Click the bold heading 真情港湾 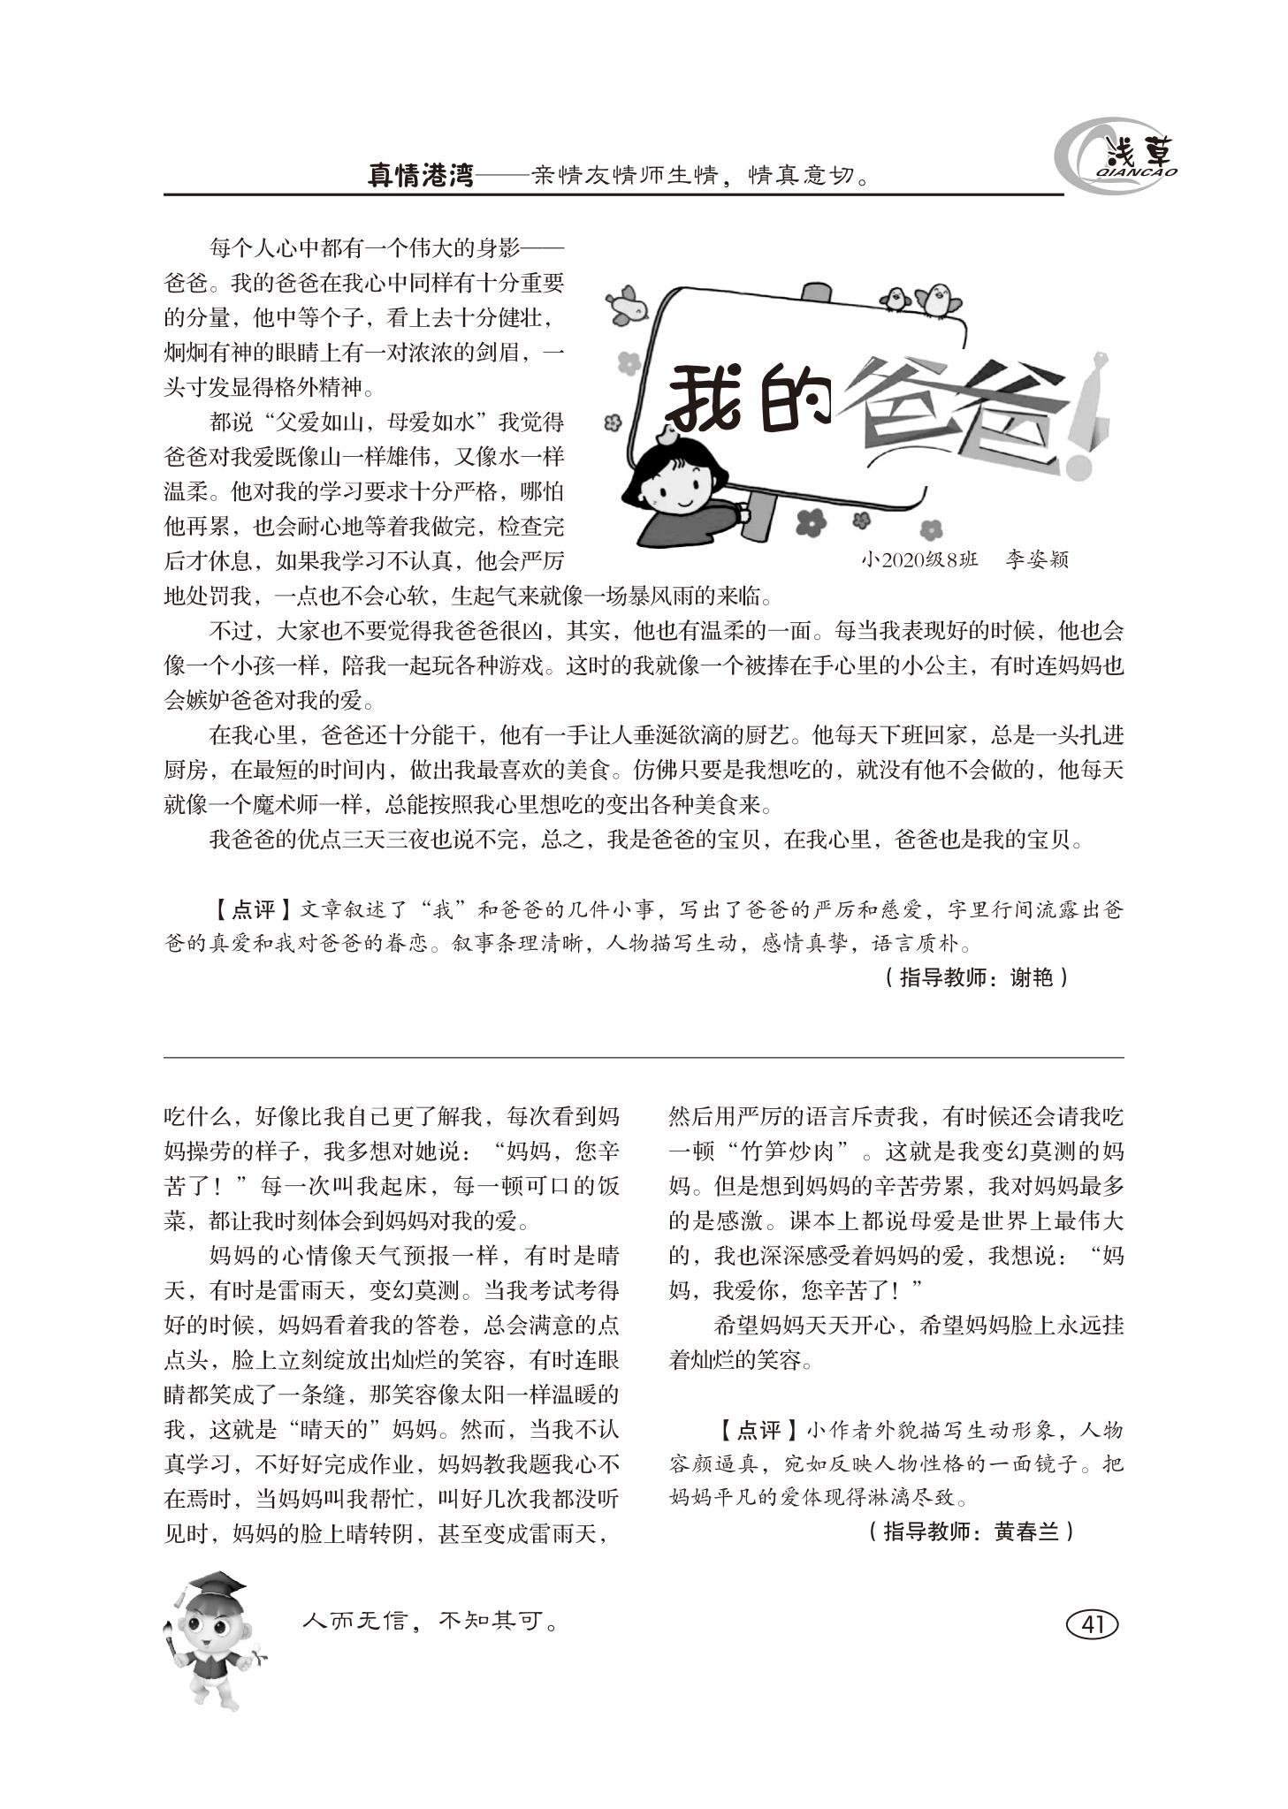pyautogui.click(x=421, y=175)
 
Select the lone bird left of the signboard pyautogui.click(x=627, y=303)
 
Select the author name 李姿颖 pyautogui.click(x=1036, y=559)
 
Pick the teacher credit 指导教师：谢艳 pyautogui.click(x=975, y=977)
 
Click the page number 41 pyautogui.click(x=1093, y=1624)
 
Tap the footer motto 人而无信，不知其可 pyautogui.click(x=431, y=1621)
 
